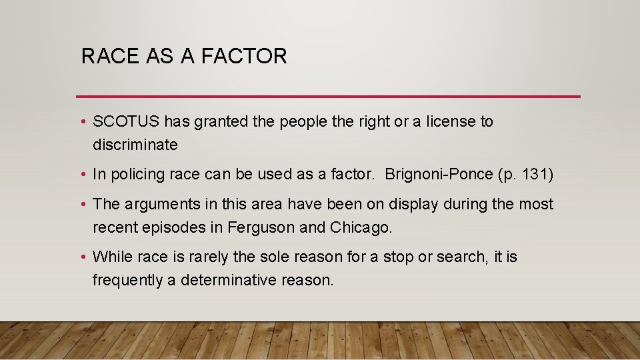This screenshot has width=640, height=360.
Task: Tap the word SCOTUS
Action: coord(126,121)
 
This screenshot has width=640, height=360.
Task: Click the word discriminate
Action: coord(135,145)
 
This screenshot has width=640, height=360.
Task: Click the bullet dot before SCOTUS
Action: coord(82,122)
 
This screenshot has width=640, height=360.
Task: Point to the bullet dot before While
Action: coord(82,257)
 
